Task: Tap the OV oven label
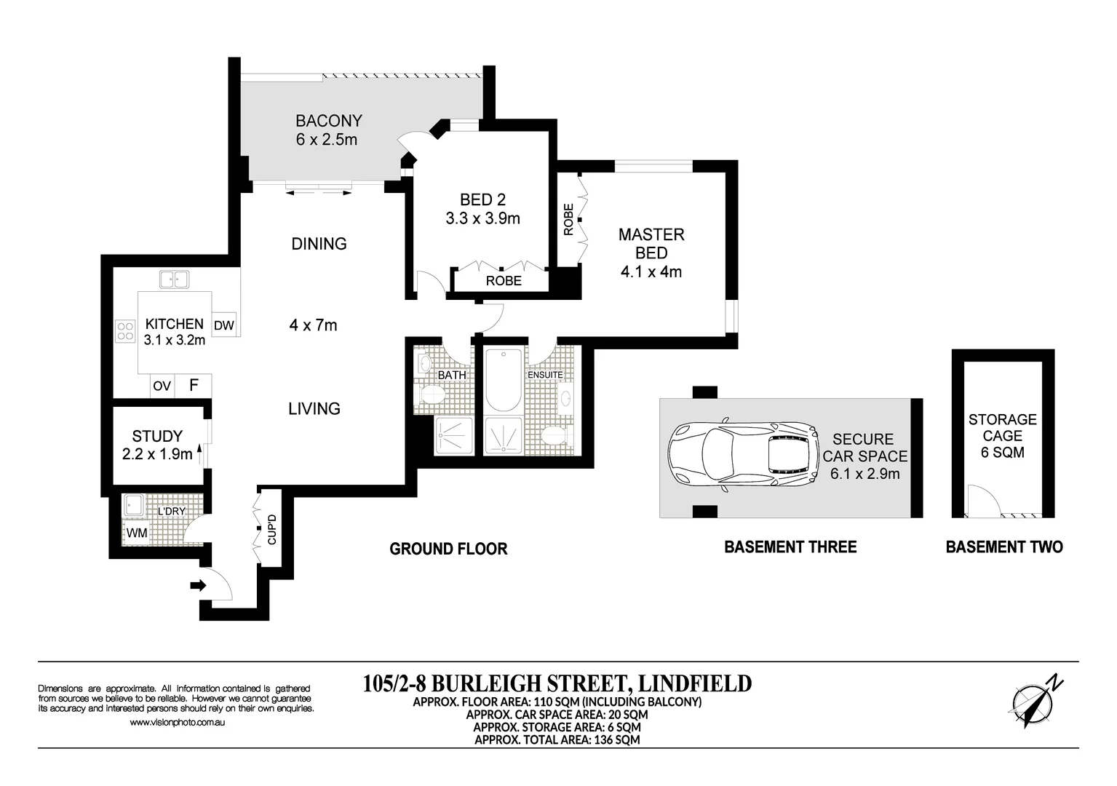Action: [x=162, y=386]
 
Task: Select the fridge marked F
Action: [x=194, y=385]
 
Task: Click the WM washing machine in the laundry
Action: [x=136, y=533]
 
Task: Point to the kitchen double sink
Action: [x=174, y=279]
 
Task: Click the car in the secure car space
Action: [x=743, y=455]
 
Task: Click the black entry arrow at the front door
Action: [x=198, y=585]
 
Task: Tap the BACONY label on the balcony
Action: [x=329, y=121]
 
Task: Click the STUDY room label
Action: [x=157, y=436]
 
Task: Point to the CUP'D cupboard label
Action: [x=271, y=529]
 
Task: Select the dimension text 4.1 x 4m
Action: [x=651, y=271]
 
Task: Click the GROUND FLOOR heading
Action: [x=448, y=549]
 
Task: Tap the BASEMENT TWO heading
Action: [x=1004, y=547]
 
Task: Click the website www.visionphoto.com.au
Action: [x=178, y=722]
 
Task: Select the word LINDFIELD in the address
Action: [x=695, y=683]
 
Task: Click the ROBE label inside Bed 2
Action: [x=504, y=281]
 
